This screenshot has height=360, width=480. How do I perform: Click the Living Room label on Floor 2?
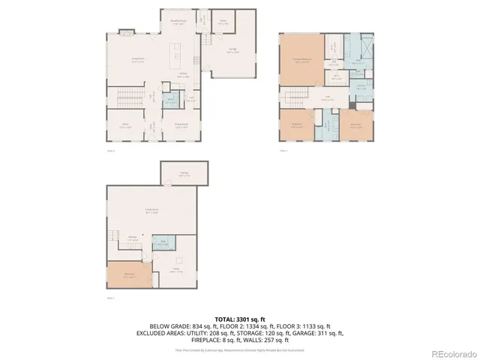(137, 61)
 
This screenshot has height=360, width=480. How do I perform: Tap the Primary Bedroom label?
(302, 62)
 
